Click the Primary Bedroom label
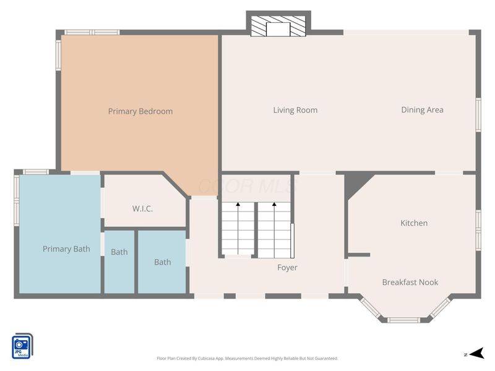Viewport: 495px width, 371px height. (x=140, y=111)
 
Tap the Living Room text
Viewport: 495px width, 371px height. (x=295, y=110)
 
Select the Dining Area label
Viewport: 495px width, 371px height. (x=422, y=110)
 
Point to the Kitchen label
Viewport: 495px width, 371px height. (x=413, y=223)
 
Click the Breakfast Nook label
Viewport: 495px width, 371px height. (x=410, y=283)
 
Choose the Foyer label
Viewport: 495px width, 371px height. (x=287, y=268)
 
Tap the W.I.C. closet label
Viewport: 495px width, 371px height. (x=142, y=209)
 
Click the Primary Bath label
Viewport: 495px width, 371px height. (x=66, y=249)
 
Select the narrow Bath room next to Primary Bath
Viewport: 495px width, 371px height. (x=119, y=252)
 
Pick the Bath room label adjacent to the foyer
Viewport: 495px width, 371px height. (x=162, y=262)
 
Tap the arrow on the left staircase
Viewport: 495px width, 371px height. (x=238, y=205)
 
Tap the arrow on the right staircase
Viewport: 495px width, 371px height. (x=274, y=205)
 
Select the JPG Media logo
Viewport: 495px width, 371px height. (x=22, y=346)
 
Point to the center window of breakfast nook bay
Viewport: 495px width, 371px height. (x=404, y=320)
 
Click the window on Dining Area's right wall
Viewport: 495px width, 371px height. (x=478, y=115)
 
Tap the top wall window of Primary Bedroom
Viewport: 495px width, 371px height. (x=92, y=32)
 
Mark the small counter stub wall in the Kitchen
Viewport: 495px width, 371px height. (x=359, y=254)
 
